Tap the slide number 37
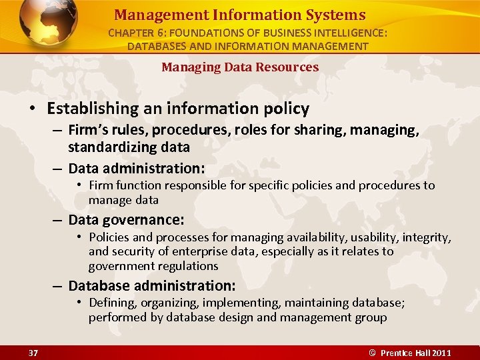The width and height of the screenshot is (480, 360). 33,352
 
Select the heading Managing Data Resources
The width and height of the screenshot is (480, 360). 240,67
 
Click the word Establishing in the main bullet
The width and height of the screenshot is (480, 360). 94,109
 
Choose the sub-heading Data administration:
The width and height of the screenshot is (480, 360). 137,167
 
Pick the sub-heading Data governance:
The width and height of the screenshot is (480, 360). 126,219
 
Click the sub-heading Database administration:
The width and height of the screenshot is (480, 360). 152,285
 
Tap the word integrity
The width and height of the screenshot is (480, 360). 427,237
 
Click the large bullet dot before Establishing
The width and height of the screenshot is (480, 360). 31,109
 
